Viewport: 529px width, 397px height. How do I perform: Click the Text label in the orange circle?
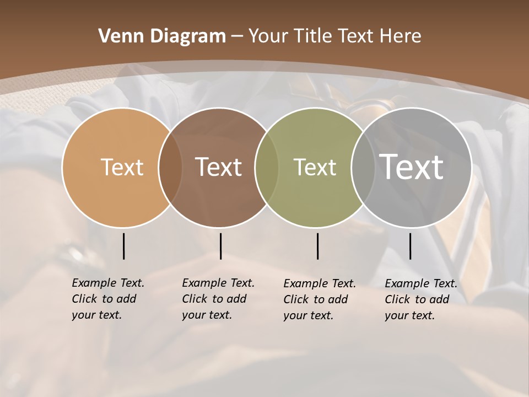point(122,167)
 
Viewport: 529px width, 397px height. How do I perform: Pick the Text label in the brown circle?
point(219,167)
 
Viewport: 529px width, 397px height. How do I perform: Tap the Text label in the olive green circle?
point(315,167)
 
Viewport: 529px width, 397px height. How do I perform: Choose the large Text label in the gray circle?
point(412,167)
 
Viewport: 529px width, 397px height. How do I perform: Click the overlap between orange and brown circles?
point(170,167)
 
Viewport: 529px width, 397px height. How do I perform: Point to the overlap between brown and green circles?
point(267,167)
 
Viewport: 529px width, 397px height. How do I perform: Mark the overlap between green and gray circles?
point(363,167)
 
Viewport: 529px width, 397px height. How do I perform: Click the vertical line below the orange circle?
point(123,246)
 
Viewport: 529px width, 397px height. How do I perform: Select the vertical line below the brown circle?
point(220,246)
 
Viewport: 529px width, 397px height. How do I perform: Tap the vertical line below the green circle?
point(317,246)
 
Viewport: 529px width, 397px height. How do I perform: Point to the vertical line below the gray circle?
point(410,246)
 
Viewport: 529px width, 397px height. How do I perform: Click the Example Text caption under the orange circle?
point(107,299)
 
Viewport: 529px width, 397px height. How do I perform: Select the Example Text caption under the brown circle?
point(218,299)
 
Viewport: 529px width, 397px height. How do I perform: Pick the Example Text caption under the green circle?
point(319,299)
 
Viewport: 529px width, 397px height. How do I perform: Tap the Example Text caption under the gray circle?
point(420,299)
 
